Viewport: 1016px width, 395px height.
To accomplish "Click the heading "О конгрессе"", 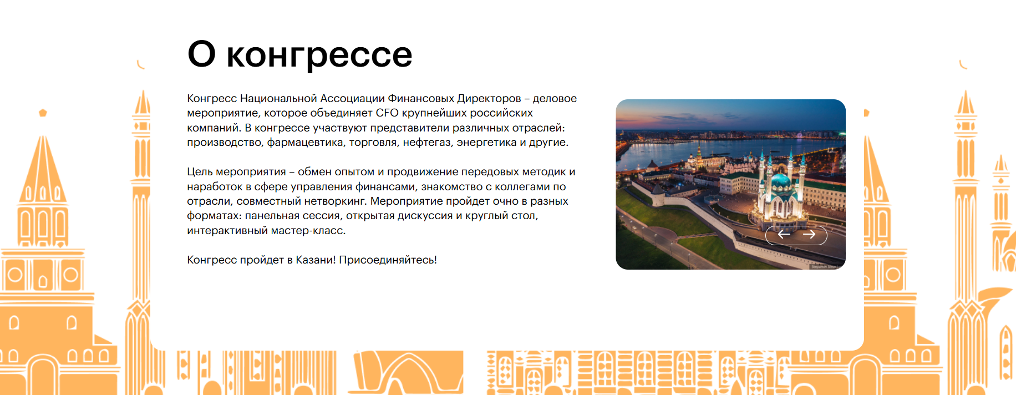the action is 300,54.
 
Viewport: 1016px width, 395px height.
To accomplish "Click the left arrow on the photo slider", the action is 784,234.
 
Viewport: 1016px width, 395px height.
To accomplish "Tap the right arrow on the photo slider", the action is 809,234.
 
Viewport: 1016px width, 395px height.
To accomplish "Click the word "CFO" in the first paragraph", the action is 387,113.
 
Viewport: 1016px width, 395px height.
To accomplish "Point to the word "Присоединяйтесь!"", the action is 388,260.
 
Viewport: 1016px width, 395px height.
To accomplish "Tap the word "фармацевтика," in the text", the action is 305,143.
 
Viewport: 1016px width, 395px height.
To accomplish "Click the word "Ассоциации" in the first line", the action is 352,98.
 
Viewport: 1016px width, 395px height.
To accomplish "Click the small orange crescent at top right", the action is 963,65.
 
